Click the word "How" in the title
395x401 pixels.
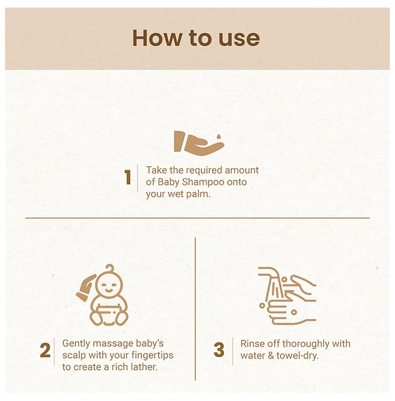157,38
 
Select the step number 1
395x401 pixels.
128,177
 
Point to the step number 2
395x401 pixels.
45,350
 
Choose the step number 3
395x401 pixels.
219,350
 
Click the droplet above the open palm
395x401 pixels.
219,136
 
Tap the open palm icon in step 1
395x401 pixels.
199,143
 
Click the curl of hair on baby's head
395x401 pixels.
110,268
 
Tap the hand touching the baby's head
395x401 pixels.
86,288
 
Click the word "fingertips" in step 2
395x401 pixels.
152,355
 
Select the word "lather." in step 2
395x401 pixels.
144,367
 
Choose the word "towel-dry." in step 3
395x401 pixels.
298,356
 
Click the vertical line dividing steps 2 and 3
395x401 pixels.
195,309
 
